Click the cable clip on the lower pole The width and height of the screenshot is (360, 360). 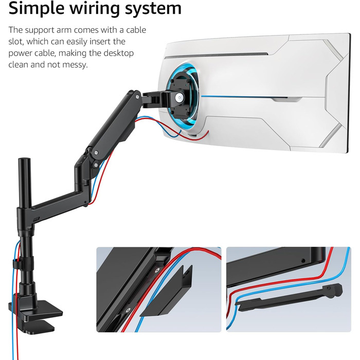pos(19,265)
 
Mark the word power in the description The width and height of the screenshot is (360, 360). pos(21,53)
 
